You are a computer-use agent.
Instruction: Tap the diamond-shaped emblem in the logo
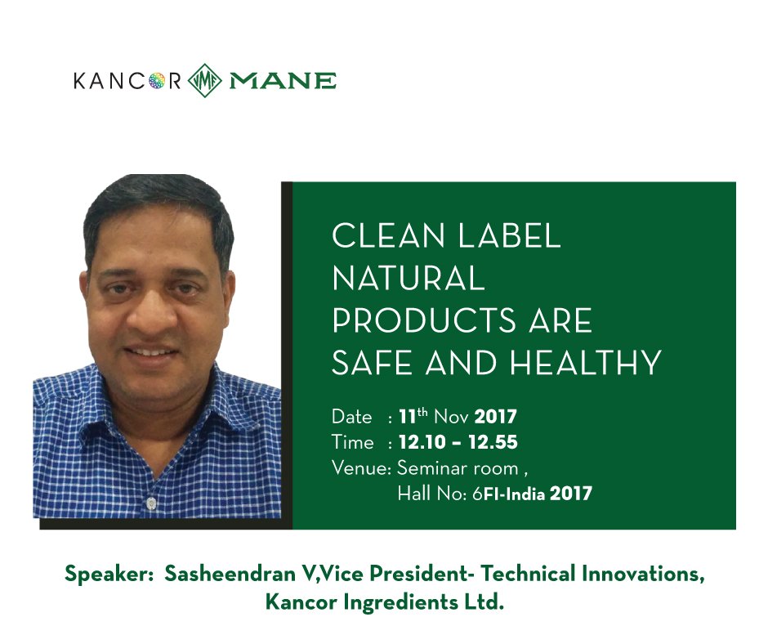[x=203, y=81]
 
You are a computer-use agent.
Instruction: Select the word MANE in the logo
[x=283, y=81]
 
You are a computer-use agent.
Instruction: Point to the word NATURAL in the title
[x=408, y=279]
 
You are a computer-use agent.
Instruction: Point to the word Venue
[x=359, y=468]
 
